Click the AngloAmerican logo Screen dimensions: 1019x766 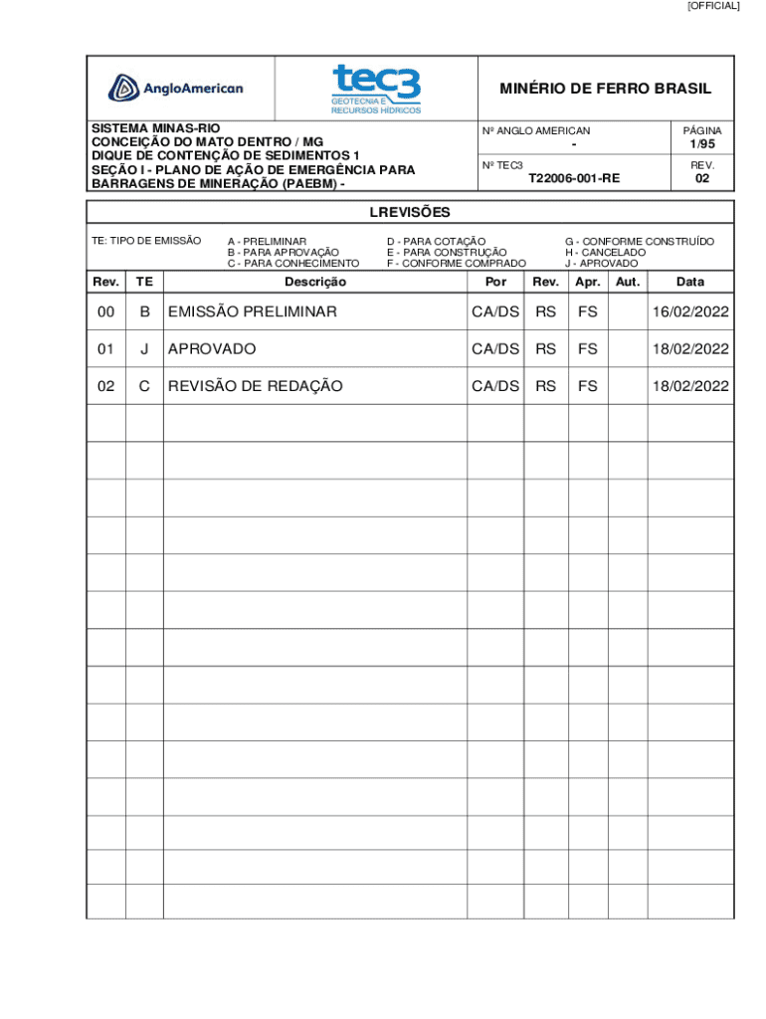pyautogui.click(x=176, y=89)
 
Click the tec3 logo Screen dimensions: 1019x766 pyautogui.click(x=376, y=89)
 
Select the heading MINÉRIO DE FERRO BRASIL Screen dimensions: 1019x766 pyautogui.click(x=605, y=89)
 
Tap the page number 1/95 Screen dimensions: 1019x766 pyautogui.click(x=702, y=144)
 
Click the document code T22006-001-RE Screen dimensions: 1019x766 pyautogui.click(x=574, y=179)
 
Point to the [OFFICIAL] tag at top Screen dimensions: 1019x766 pyautogui.click(x=713, y=6)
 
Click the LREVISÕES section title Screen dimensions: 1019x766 pyautogui.click(x=410, y=212)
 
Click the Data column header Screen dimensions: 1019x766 pyautogui.click(x=690, y=283)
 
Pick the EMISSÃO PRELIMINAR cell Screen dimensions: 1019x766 pyautogui.click(x=253, y=312)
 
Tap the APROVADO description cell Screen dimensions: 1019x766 pyautogui.click(x=212, y=349)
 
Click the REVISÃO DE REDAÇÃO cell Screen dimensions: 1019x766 pyautogui.click(x=256, y=386)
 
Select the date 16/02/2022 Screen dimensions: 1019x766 pyautogui.click(x=690, y=312)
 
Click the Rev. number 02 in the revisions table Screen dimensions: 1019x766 pyautogui.click(x=105, y=386)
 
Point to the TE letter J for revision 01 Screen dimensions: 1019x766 pyautogui.click(x=144, y=349)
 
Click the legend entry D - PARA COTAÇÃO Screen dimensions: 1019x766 pyautogui.click(x=436, y=241)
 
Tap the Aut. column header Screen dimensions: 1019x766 pyautogui.click(x=627, y=283)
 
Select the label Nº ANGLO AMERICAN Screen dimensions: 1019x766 pyautogui.click(x=535, y=130)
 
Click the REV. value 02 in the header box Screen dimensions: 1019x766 pyautogui.click(x=702, y=179)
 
